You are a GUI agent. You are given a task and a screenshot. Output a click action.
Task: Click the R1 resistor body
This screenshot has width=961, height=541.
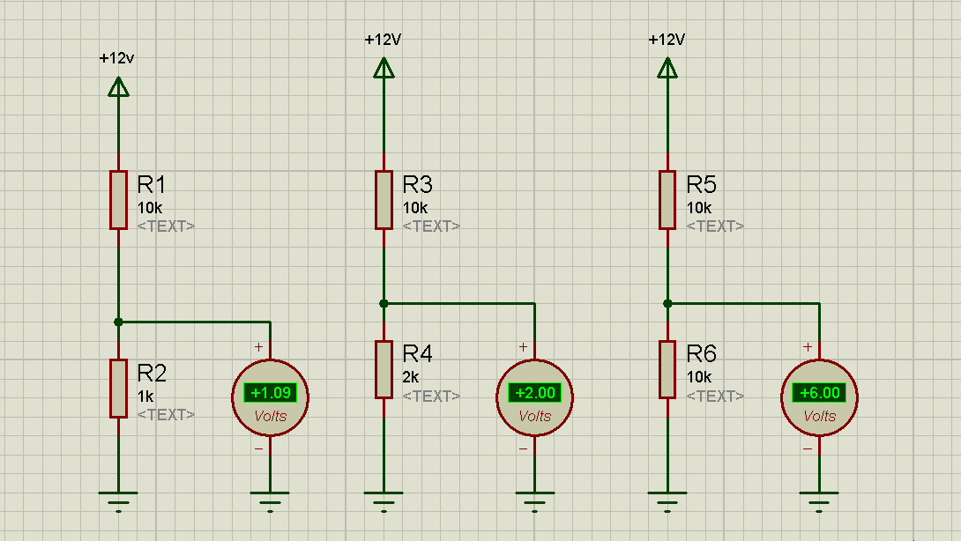click(118, 200)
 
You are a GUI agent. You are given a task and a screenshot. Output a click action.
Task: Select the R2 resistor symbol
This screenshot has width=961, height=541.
click(118, 389)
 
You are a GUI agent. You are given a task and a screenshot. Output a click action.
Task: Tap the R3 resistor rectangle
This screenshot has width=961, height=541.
click(384, 200)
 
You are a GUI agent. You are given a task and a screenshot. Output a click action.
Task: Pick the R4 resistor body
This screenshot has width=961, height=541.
click(384, 369)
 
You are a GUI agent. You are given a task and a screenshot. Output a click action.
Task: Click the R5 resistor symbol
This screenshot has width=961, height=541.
click(667, 200)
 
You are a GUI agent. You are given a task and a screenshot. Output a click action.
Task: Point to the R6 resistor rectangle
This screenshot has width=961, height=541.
click(667, 369)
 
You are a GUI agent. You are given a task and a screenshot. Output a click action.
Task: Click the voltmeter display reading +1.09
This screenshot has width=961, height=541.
click(271, 393)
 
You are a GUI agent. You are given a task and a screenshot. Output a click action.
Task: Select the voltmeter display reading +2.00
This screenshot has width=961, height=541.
click(535, 393)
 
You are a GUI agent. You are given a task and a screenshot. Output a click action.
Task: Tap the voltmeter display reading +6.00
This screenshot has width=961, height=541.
click(819, 393)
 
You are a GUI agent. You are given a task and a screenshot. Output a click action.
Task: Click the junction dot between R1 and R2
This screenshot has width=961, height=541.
click(118, 322)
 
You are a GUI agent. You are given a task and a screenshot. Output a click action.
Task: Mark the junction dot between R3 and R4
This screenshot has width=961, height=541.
click(384, 303)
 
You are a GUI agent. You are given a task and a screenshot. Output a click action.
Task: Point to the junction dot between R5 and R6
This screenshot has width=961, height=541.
click(667, 303)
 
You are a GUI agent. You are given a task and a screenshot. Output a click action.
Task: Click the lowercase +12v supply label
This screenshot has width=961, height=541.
click(116, 58)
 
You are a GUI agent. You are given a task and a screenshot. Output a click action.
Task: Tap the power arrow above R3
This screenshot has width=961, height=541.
click(384, 68)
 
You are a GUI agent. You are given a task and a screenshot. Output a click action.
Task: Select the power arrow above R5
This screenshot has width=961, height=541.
click(667, 68)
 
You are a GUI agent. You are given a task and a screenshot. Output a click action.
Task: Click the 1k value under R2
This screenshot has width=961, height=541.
click(145, 396)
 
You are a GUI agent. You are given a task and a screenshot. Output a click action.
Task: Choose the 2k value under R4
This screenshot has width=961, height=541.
click(411, 377)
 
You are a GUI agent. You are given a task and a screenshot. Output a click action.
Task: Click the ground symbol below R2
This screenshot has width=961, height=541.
click(118, 501)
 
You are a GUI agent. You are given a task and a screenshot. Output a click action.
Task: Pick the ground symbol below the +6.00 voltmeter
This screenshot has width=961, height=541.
click(819, 501)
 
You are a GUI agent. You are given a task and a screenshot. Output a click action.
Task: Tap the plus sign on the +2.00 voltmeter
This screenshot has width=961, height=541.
click(523, 347)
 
